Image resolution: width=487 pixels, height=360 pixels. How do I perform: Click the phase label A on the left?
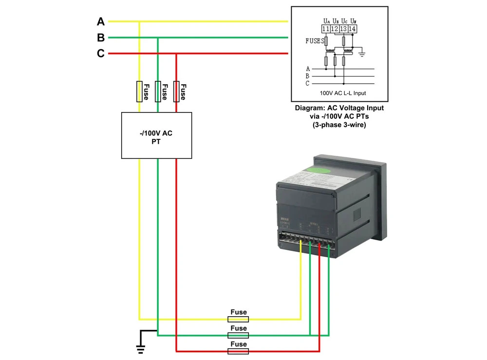point(101,21)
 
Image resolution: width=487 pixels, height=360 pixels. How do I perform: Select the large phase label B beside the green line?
point(101,38)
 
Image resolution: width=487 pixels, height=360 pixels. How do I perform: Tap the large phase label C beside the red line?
point(101,54)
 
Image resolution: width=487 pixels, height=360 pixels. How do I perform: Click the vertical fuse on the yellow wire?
point(139,91)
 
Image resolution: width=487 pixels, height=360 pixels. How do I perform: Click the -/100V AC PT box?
point(156,135)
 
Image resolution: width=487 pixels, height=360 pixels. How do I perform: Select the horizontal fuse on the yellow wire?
point(238,319)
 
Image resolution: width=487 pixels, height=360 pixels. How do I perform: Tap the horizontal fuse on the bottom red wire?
point(238,351)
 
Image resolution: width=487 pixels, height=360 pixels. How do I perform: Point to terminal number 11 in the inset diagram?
point(326,29)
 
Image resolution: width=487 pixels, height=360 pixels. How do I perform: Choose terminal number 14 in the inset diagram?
point(353,29)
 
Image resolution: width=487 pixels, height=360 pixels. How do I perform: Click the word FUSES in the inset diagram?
point(314,41)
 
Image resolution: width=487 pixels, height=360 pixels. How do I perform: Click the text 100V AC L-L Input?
point(343,93)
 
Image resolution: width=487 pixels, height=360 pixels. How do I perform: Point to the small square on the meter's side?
point(356,212)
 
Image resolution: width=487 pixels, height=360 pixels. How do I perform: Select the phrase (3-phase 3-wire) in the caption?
point(339,124)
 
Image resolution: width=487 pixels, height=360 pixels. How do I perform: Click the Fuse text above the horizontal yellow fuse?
point(238,312)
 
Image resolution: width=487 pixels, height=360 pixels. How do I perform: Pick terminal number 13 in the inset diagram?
point(344,29)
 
